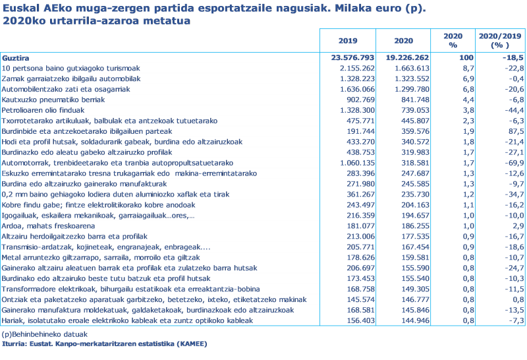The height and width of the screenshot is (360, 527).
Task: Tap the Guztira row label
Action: [x=16, y=58]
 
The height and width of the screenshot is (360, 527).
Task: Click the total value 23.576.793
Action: [x=352, y=58]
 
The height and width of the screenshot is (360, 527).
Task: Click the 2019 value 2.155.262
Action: [x=356, y=68]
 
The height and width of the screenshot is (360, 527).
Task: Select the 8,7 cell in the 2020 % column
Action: [x=451, y=68]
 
